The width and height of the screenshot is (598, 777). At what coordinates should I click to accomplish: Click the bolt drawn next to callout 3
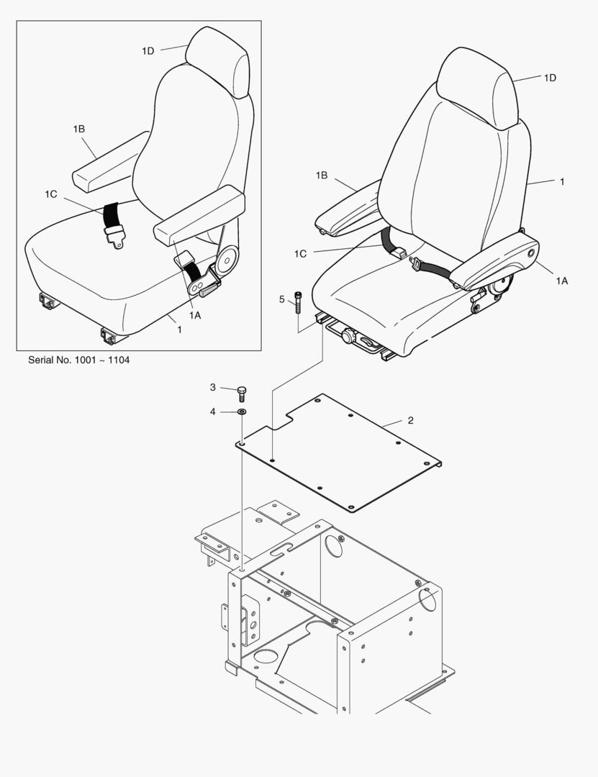[242, 394]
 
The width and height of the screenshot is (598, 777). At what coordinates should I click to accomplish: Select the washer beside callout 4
[242, 412]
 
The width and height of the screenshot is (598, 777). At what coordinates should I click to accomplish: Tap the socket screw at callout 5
[297, 301]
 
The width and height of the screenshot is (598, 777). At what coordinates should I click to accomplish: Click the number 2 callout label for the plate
[410, 420]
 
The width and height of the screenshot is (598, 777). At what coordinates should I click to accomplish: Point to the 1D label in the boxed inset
[148, 50]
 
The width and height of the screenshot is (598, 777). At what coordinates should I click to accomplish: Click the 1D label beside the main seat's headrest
[550, 78]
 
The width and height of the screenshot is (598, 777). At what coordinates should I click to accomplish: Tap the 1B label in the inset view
[79, 129]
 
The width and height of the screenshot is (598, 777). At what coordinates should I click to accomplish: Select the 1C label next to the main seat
[300, 254]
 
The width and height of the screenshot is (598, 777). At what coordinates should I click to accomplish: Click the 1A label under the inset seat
[195, 315]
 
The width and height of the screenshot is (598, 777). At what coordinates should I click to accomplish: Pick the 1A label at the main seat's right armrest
[561, 281]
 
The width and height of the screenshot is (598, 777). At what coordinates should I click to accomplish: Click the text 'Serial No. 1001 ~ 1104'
[79, 360]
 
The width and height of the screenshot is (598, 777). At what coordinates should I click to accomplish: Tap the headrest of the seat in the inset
[218, 61]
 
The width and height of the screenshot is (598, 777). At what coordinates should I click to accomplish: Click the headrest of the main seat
[477, 87]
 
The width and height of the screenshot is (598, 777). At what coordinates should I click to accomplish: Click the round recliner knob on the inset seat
[228, 259]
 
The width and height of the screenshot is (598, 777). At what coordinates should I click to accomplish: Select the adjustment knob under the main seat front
[348, 337]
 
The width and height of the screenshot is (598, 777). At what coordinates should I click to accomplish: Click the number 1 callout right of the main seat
[562, 182]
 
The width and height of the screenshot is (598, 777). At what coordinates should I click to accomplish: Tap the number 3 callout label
[213, 387]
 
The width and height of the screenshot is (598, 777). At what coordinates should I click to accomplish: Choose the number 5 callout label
[281, 299]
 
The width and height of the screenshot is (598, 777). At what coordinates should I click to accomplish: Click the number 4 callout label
[213, 412]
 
